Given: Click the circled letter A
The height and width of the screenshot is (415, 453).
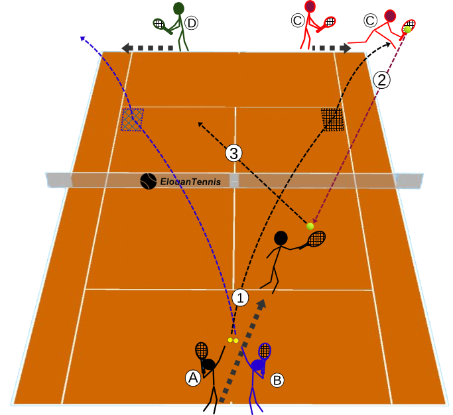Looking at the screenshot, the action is click(193, 378).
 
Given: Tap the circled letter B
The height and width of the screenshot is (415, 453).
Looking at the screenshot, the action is click(277, 380).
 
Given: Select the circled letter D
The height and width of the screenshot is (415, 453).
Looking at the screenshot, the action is click(192, 23).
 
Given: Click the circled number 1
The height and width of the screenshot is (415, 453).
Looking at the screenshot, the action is click(240, 298).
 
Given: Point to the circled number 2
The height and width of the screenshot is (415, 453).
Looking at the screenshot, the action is click(382, 80).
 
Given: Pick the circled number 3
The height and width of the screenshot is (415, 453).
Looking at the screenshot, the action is click(233, 153).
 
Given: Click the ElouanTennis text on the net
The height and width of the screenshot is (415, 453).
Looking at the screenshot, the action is click(190, 182).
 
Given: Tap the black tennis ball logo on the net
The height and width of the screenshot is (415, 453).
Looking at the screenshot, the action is click(148, 182).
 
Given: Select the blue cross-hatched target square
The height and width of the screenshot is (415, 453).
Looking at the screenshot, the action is click(132, 119).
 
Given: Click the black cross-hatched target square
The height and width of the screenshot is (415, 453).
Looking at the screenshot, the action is click(332, 119).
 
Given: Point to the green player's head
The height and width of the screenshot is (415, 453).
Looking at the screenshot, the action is click(179, 9).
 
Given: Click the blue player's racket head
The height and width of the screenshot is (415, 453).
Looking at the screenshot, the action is click(265, 351).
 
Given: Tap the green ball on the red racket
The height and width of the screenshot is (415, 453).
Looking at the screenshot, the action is click(408, 29).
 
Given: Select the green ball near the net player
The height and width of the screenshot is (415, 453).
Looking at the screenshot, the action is click(310, 226).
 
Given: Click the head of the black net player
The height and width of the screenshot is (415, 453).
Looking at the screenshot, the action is click(281, 238).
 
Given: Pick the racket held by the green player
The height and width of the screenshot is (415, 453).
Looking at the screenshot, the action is click(162, 25).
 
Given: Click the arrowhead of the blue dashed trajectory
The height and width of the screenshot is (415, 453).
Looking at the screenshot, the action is click(83, 38).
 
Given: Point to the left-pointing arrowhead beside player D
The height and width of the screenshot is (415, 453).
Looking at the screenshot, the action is click(125, 48).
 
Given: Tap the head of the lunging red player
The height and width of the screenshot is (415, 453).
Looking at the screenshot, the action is click(390, 16).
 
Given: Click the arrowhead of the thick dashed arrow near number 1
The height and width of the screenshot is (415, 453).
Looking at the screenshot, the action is click(261, 304).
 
